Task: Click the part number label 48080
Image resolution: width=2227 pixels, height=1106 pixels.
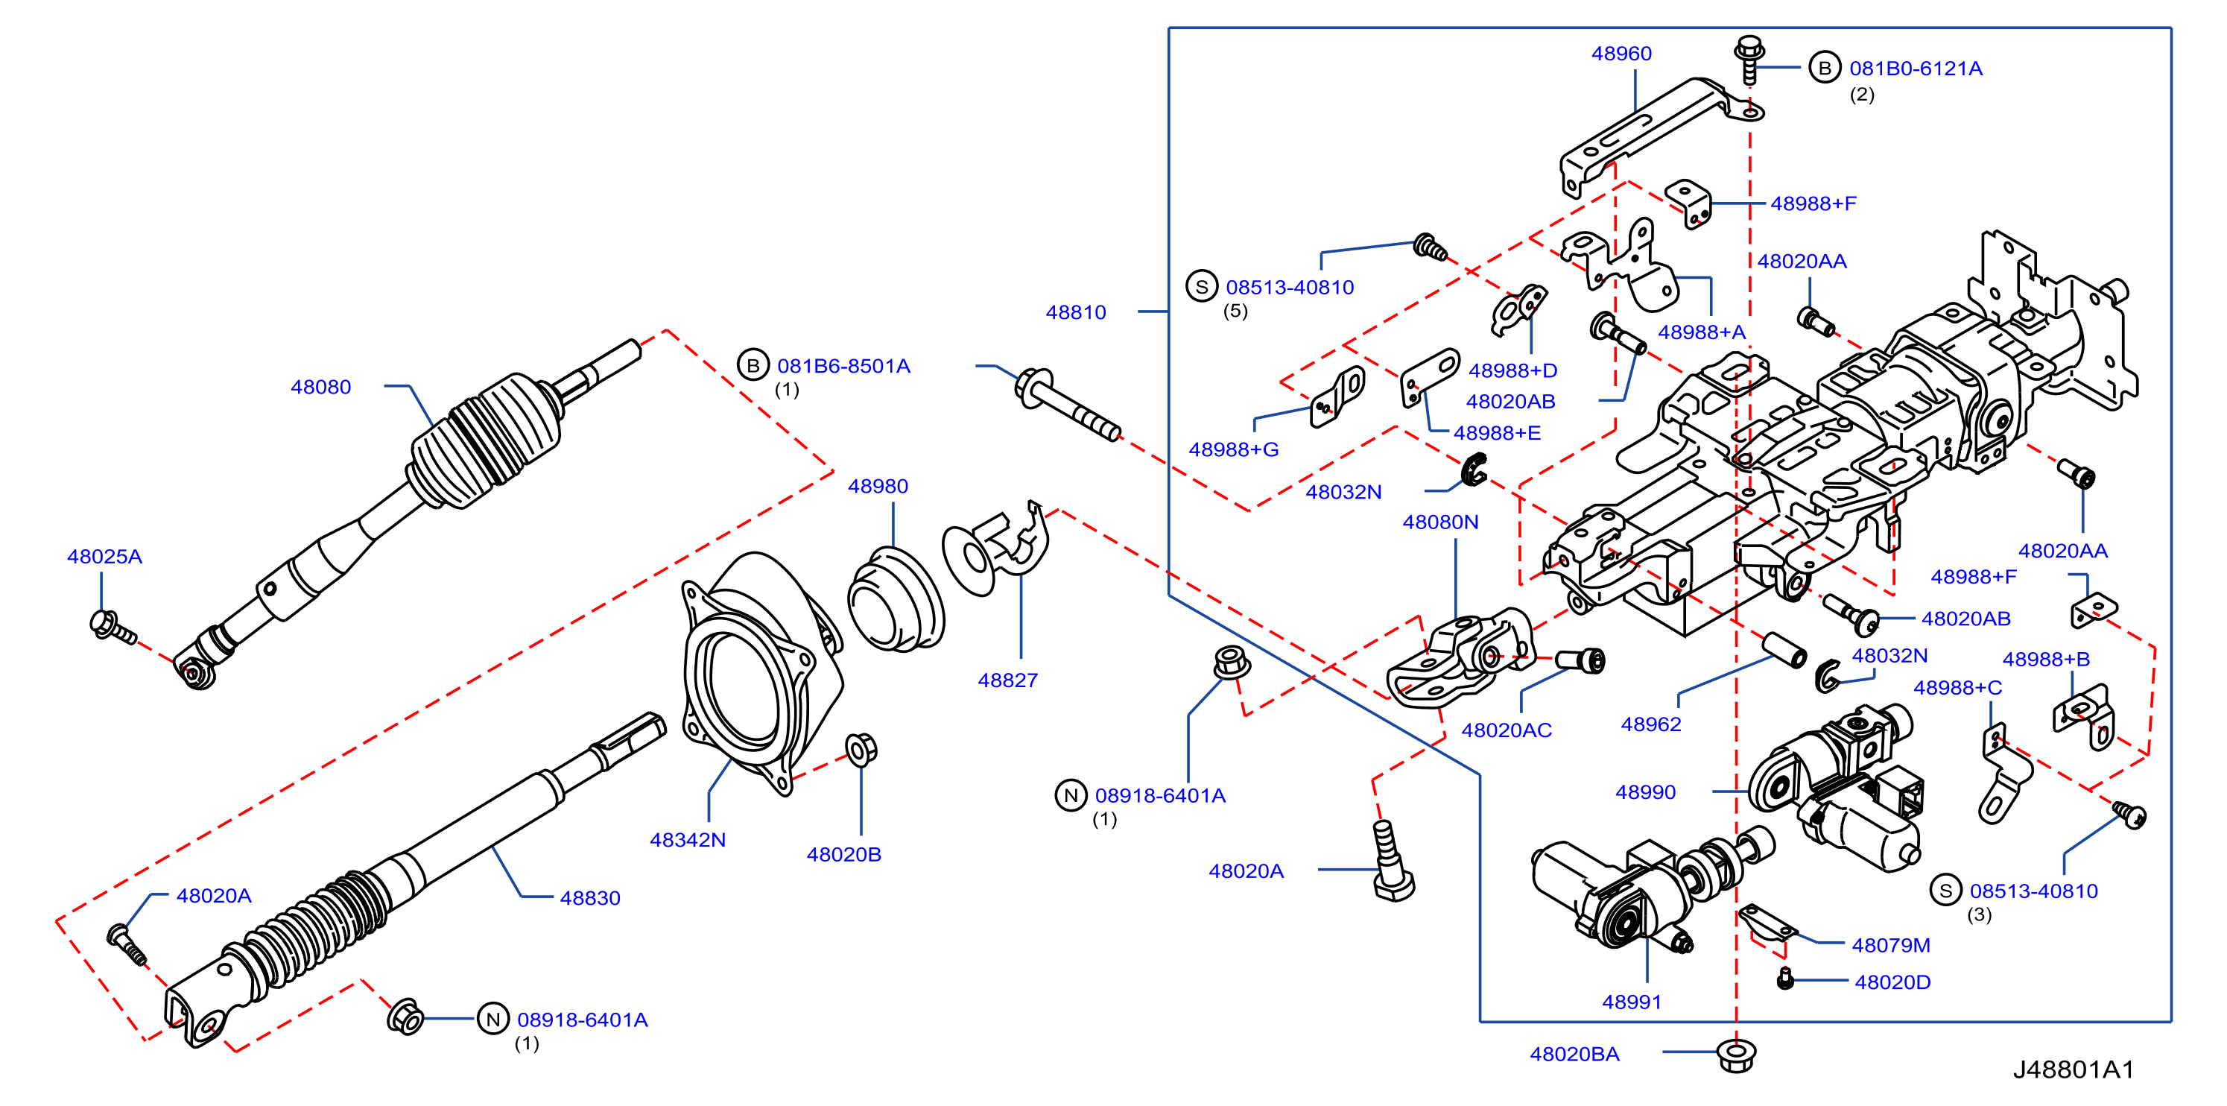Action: click(320, 387)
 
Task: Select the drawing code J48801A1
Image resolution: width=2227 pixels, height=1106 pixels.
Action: click(2073, 1069)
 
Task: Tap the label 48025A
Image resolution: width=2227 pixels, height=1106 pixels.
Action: click(104, 556)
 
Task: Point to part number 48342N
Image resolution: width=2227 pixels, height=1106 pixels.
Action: click(687, 840)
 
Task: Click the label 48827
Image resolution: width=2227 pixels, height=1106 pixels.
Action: click(1007, 680)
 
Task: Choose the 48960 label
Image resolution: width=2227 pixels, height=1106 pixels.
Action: click(1621, 54)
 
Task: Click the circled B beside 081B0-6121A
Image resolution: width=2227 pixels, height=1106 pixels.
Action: click(1824, 68)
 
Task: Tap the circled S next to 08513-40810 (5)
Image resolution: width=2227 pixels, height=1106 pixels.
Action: click(1202, 286)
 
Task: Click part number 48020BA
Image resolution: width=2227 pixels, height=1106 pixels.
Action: click(1574, 1054)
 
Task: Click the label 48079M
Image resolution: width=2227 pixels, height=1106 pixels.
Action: click(1891, 945)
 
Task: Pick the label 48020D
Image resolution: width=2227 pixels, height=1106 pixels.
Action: click(1892, 982)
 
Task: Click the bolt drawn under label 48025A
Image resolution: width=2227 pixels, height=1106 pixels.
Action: click(113, 627)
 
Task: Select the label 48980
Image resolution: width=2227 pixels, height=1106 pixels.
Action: click(878, 486)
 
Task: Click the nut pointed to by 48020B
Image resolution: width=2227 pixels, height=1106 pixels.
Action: click(861, 749)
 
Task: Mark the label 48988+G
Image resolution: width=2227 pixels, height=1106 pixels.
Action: click(1233, 449)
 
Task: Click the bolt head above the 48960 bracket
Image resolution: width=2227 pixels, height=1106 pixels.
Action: click(1749, 48)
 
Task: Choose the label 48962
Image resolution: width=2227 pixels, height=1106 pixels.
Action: click(1650, 724)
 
